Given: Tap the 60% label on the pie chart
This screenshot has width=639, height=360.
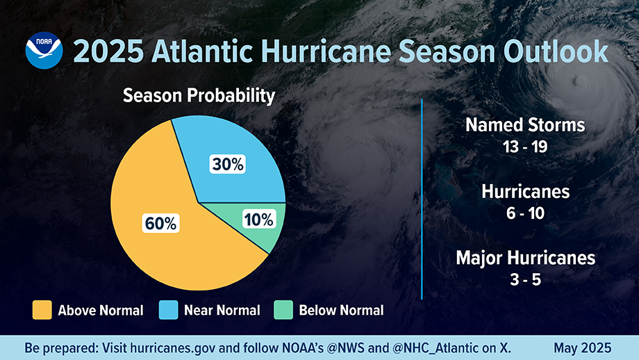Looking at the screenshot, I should click(x=161, y=223).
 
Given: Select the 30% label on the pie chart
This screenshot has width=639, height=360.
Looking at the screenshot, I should click(x=227, y=164).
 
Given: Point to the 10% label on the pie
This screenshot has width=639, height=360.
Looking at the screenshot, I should click(x=259, y=220).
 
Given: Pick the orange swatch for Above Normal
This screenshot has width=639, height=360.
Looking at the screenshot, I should click(x=42, y=310).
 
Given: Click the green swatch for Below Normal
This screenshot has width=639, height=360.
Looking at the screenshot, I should click(x=283, y=310).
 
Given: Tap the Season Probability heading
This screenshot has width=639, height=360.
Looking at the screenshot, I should click(x=199, y=96).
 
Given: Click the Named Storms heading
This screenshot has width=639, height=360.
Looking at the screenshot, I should click(x=525, y=125).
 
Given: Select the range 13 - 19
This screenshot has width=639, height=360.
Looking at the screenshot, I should click(x=525, y=147).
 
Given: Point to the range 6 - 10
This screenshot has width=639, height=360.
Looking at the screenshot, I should click(x=525, y=213).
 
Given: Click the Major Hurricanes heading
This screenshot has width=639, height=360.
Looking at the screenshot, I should click(x=525, y=258).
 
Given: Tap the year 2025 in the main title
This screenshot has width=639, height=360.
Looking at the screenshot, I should click(x=106, y=52).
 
